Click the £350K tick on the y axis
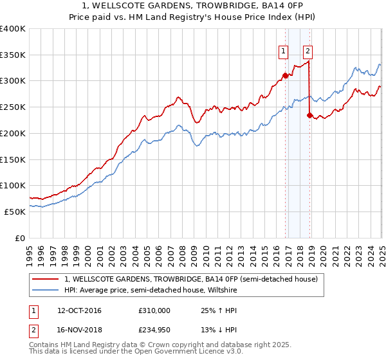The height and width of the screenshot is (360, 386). pos(13,55)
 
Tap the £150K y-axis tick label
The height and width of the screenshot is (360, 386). pos(13,159)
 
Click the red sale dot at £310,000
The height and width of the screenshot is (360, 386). pos(285,75)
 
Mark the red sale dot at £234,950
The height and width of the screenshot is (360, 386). pos(309,116)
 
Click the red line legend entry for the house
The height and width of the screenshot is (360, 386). pos(191,279)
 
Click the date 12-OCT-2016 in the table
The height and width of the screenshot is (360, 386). pos(79,310)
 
